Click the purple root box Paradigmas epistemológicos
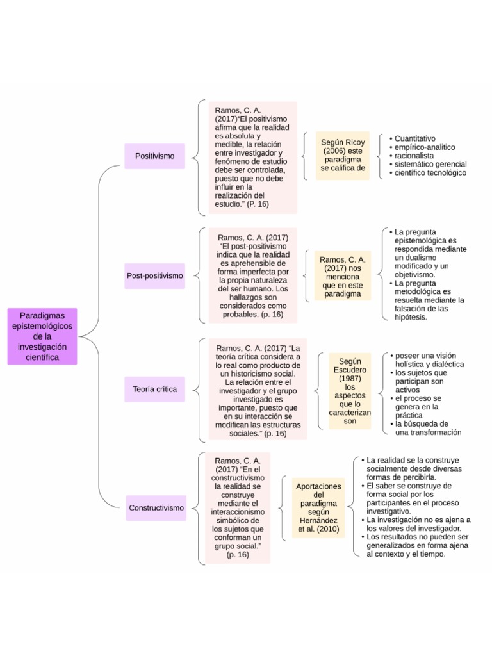click(42, 336)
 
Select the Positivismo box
click(154, 156)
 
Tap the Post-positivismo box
click(154, 275)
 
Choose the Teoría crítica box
click(154, 389)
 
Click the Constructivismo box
click(156, 508)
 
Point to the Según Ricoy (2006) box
click(343, 155)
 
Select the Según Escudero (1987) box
click(350, 391)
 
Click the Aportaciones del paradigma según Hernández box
click(318, 507)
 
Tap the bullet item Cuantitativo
click(414, 138)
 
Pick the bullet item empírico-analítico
click(425, 147)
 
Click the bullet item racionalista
click(414, 156)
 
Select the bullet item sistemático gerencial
click(430, 164)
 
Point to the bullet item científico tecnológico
click(430, 173)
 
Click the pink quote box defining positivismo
click(252, 157)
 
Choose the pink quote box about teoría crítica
click(258, 389)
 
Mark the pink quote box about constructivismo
click(238, 507)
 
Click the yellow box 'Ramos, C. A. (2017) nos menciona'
click(343, 277)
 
